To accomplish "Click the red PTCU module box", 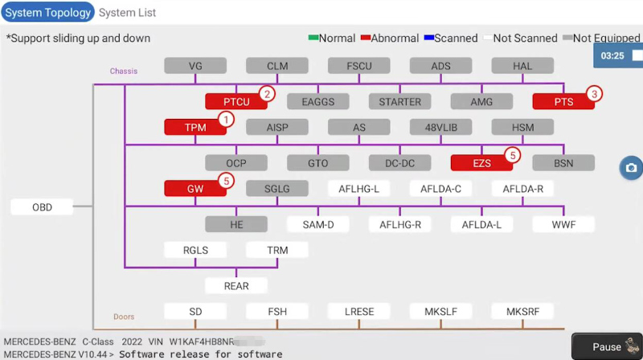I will (236, 102).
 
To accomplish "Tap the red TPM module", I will (195, 127).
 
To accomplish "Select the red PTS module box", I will (563, 102).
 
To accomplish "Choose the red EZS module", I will (481, 163).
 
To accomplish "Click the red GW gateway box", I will (195, 188).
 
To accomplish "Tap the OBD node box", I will (42, 207).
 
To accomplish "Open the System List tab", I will (128, 13).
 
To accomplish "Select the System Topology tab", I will (47, 13).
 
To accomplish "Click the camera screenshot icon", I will (631, 168).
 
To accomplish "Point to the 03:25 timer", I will (613, 55).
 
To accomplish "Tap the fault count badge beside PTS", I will (594, 93).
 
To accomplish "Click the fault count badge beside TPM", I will (227, 119).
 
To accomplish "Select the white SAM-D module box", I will (318, 225).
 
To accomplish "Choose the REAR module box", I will (236, 286).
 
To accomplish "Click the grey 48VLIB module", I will (440, 127).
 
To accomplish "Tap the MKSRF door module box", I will (522, 311).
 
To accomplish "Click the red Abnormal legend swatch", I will (365, 38).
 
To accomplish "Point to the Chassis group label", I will (123, 72).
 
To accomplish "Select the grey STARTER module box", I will (399, 102).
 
